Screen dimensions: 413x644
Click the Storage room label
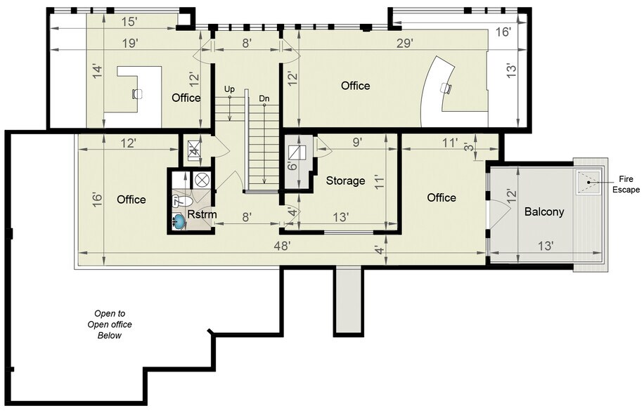(x=345, y=181)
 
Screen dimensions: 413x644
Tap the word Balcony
(x=543, y=211)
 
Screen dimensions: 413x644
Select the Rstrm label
(x=201, y=215)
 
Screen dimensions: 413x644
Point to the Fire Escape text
(x=626, y=184)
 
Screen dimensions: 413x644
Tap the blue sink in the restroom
(x=180, y=222)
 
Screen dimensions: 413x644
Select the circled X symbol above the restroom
(x=200, y=178)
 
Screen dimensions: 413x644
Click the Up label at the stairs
(x=229, y=89)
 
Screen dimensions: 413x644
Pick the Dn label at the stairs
(x=264, y=98)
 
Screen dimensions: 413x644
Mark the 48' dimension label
(x=281, y=247)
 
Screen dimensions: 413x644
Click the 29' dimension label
(x=404, y=43)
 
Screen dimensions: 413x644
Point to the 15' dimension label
(x=128, y=22)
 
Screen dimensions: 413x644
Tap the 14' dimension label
(x=97, y=70)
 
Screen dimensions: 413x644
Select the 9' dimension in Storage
(x=357, y=141)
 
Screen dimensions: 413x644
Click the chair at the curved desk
(x=444, y=87)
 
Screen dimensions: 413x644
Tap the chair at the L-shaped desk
(x=136, y=93)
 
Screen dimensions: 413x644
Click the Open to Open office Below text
(x=110, y=324)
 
